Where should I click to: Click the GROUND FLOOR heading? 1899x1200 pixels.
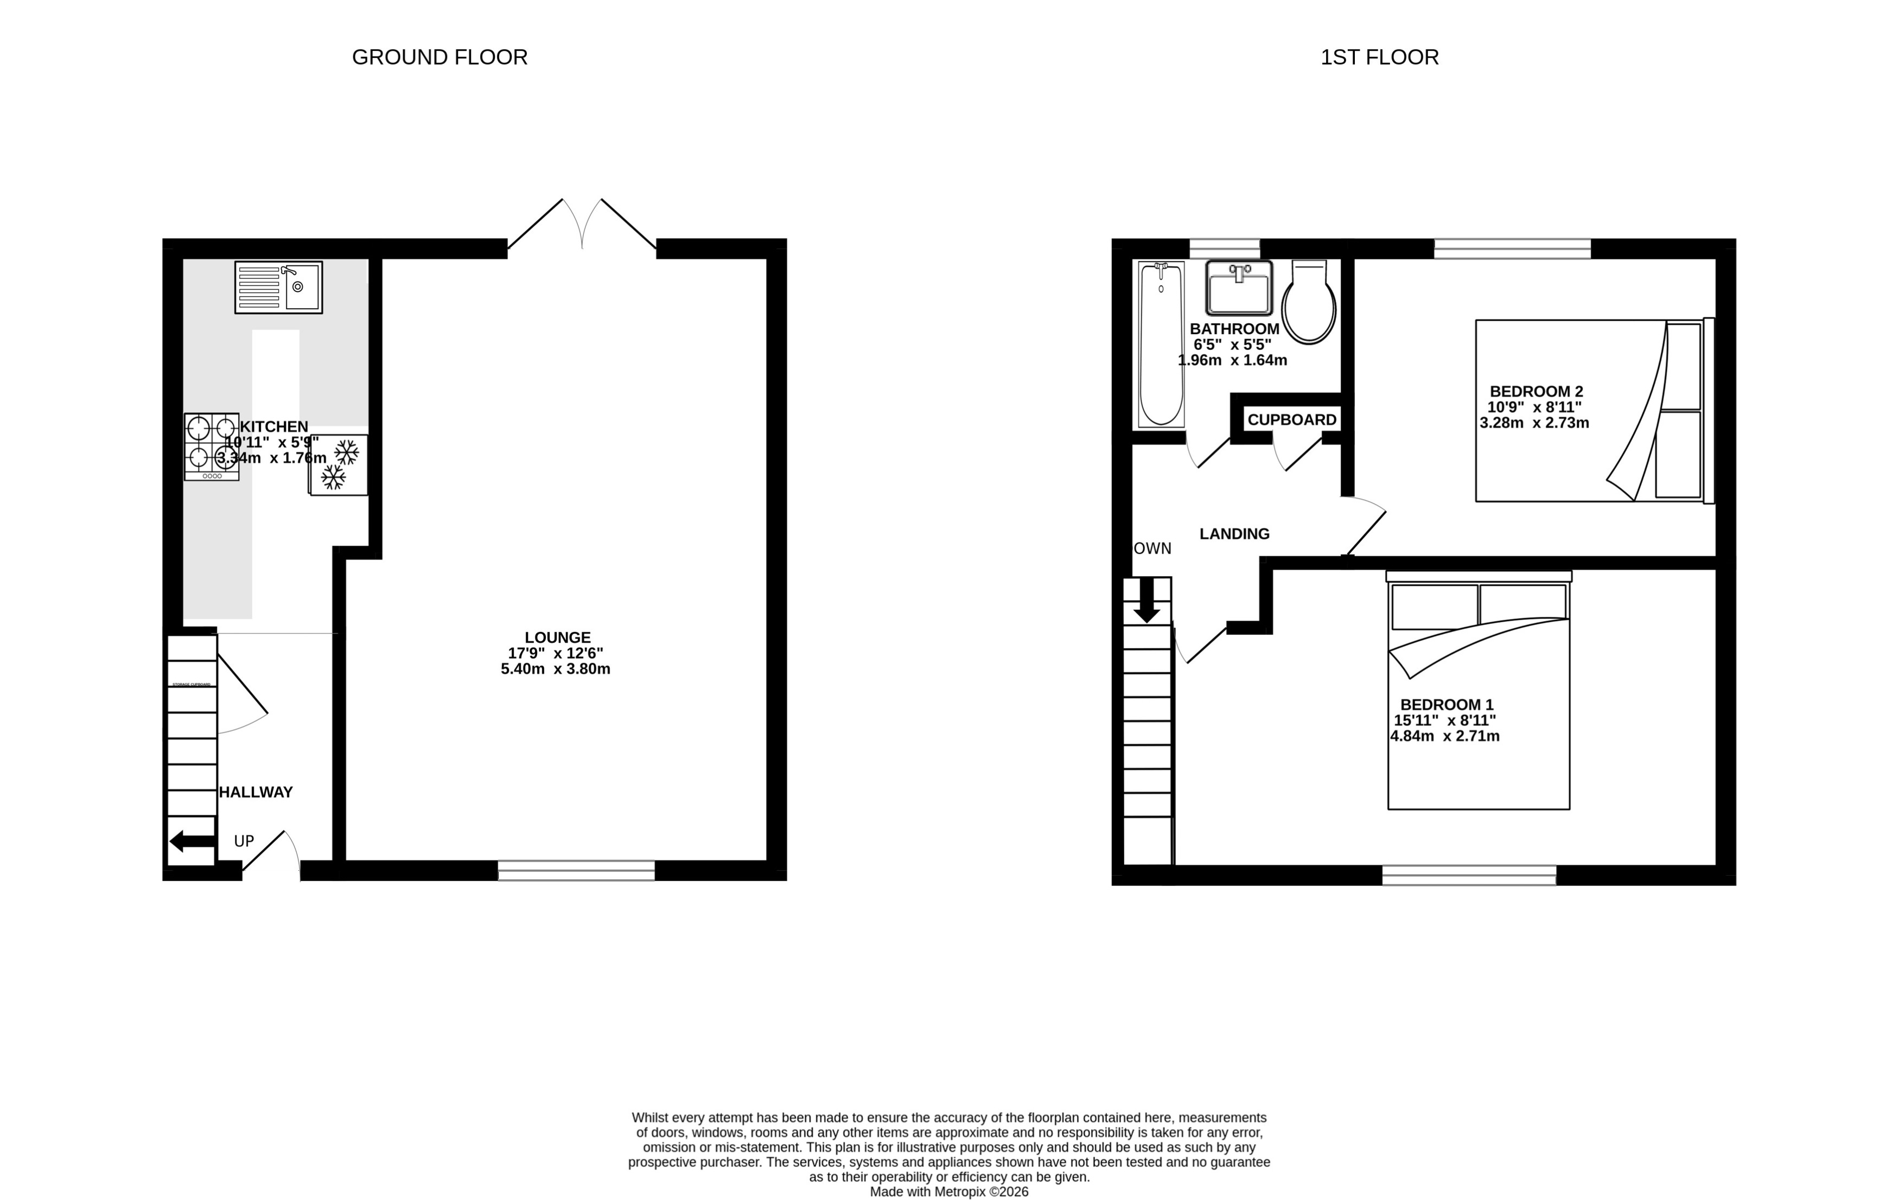[x=439, y=58]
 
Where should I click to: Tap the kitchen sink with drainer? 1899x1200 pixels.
[x=278, y=288]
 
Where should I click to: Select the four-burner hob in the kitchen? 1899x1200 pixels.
[x=212, y=447]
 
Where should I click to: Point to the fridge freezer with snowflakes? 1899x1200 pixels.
[x=339, y=465]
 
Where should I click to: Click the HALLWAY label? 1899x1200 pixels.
[x=256, y=793]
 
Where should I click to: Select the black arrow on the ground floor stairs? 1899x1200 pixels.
[x=192, y=841]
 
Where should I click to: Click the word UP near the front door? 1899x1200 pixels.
[x=244, y=841]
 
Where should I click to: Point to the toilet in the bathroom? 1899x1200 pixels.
[x=1308, y=304]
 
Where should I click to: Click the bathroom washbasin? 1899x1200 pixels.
[x=1238, y=289]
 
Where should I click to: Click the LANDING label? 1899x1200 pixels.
[x=1234, y=534]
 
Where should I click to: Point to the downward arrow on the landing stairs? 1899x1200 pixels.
[x=1146, y=601]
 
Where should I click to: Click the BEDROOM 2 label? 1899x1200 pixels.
[x=1535, y=392]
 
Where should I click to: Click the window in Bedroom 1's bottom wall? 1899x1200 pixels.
[x=1468, y=875]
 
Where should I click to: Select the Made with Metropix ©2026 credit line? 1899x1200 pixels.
[x=949, y=1192]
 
